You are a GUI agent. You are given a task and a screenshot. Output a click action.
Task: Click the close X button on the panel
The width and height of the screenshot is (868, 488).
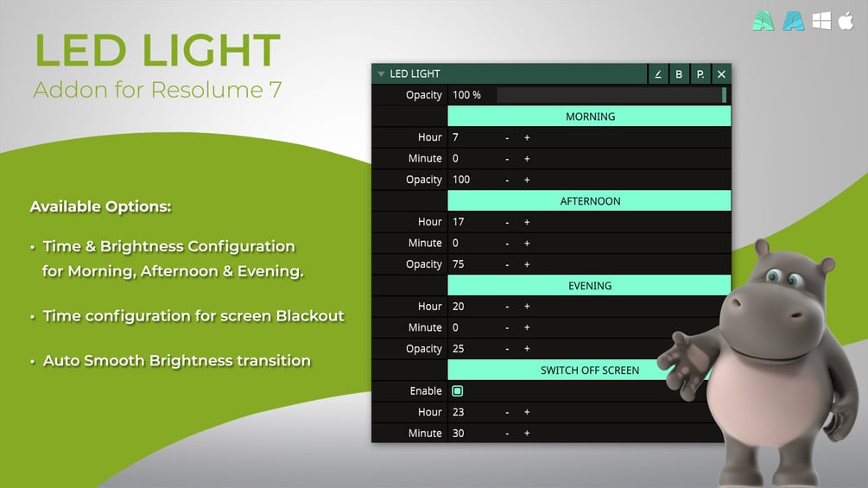pos(721,74)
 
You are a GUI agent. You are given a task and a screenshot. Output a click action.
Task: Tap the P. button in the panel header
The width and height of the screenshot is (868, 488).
pos(700,74)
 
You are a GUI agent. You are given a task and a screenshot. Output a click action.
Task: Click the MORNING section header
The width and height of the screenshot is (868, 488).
pos(589,117)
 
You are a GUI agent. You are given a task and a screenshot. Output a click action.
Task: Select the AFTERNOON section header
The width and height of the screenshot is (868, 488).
pos(589,201)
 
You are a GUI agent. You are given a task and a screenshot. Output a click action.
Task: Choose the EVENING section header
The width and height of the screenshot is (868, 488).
pos(589,286)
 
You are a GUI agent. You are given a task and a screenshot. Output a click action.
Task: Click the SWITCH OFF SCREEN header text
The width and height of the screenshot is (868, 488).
pos(590,371)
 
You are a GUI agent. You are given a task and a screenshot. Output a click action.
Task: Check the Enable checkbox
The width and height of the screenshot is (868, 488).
pos(457,391)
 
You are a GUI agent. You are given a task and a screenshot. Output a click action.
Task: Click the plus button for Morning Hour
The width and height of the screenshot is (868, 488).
pos(527,137)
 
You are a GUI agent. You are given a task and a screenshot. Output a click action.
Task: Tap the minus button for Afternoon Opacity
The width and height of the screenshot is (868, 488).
pos(507,264)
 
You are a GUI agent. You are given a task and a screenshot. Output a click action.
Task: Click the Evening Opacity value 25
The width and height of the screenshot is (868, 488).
pos(459,349)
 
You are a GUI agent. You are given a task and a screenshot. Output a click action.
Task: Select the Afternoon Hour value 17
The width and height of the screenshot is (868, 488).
pos(459,222)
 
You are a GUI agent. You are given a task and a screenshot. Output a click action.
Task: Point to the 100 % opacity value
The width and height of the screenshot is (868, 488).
pos(466,95)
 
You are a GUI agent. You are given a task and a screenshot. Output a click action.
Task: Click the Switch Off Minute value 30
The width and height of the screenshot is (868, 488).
pos(459,434)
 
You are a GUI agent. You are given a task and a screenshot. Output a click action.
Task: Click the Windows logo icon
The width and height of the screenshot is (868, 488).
pos(821,21)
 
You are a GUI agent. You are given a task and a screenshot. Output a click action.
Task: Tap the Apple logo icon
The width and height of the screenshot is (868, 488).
pos(846,21)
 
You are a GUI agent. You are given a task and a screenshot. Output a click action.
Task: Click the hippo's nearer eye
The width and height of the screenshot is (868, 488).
pos(773,275)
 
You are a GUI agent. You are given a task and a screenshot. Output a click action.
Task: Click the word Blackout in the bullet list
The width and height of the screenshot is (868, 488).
pos(310,316)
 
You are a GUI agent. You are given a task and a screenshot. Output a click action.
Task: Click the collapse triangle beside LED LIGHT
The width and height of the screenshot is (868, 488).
pos(381,73)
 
